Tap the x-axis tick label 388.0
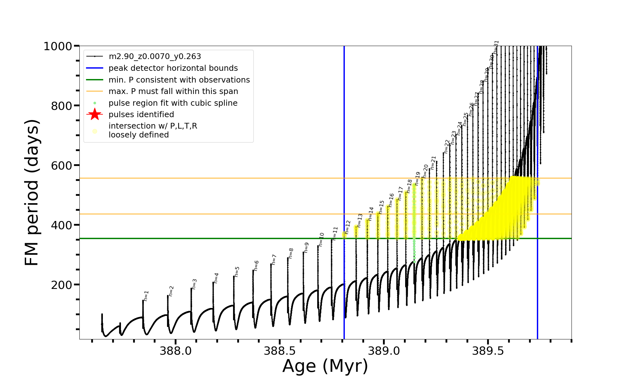coord(175,351)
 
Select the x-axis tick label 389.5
coord(488,351)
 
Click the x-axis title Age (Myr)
coord(325,366)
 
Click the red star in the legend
coord(95,115)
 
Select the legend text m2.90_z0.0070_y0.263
coord(155,57)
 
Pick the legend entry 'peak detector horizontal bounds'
coord(173,68)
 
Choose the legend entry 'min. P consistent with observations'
coord(179,80)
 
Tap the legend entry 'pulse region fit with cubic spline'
coord(173,103)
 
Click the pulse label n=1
coord(146,296)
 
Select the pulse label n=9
coord(306,247)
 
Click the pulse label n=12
coord(348,227)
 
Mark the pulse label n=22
coord(447,146)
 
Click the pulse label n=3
coord(195,284)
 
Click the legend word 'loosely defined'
coord(138,135)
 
